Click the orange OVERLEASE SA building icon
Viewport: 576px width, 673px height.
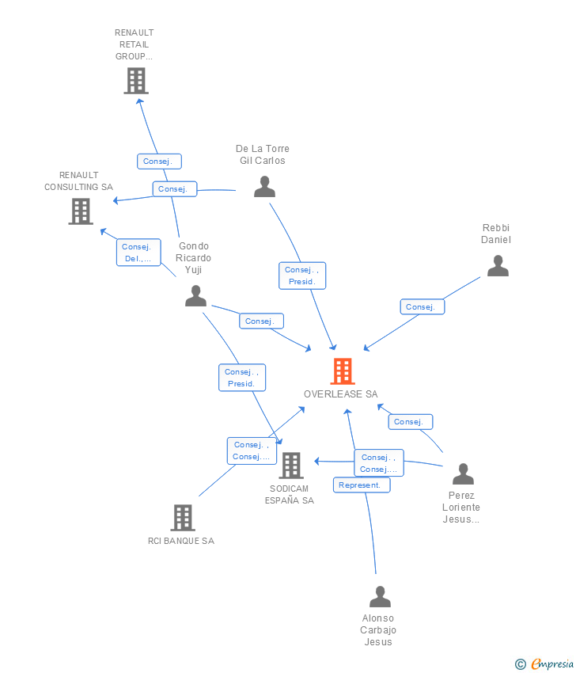342,371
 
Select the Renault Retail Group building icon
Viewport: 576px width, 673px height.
136,80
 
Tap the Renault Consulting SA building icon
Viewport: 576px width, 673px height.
81,211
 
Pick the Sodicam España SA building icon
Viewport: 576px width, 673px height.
291,466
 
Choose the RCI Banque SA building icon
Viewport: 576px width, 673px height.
183,517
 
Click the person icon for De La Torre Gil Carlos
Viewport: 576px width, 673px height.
264,187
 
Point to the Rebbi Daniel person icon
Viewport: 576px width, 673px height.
498,266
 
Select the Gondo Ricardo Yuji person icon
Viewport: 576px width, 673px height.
195,296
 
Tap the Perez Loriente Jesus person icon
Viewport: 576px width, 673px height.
463,474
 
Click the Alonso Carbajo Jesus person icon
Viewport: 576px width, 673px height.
381,596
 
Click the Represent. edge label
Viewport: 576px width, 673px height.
362,485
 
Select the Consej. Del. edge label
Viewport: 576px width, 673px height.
138,253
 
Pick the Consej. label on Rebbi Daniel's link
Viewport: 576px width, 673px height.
422,306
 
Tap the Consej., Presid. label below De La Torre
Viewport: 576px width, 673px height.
302,276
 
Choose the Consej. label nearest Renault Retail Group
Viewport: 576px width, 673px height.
159,162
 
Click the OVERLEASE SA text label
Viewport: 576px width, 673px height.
341,394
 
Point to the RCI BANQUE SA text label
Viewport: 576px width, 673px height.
181,542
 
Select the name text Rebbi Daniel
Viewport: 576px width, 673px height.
497,234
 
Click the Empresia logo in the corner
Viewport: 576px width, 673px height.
552,663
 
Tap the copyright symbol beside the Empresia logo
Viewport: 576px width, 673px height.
521,664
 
